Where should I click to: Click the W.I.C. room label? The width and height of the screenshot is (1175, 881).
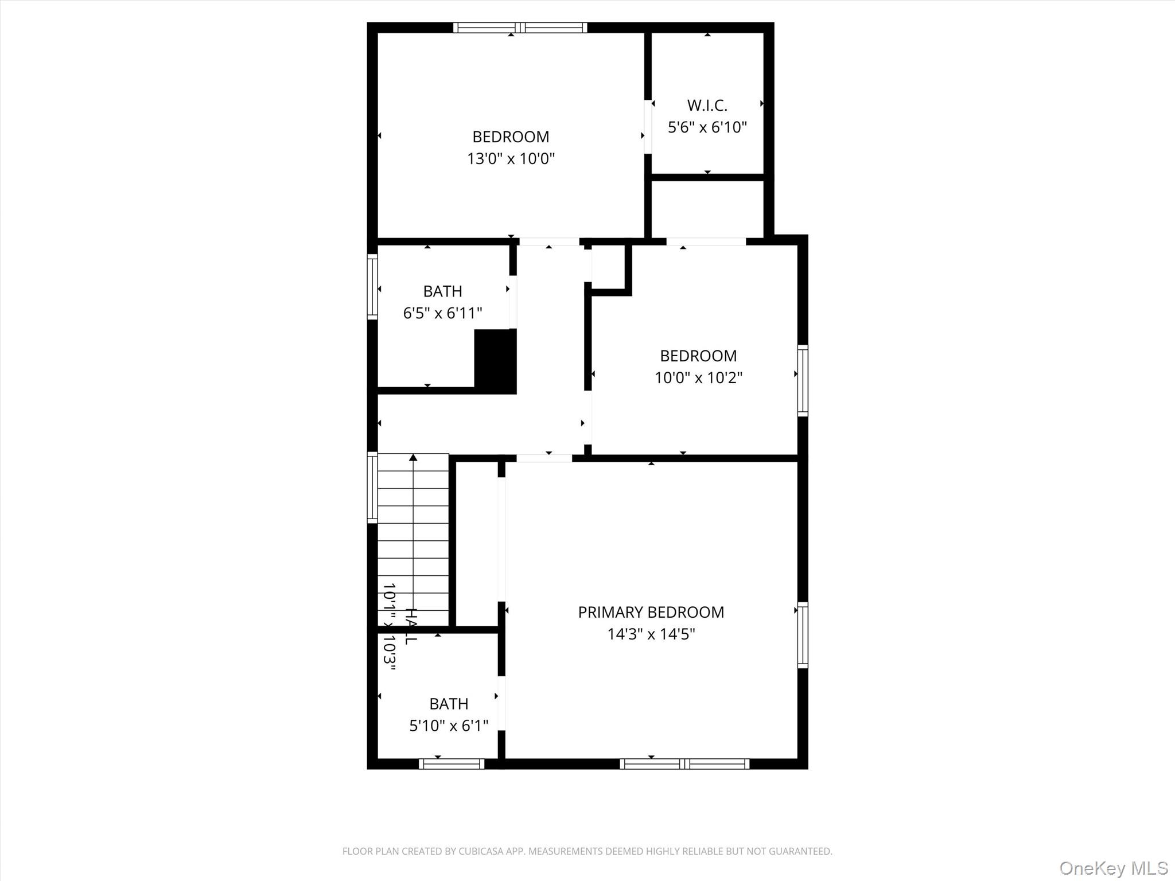(x=707, y=106)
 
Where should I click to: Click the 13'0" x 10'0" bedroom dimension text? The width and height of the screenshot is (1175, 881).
(x=511, y=158)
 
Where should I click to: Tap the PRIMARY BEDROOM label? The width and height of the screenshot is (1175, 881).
(x=651, y=612)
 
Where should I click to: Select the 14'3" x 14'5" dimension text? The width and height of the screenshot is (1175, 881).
(x=651, y=634)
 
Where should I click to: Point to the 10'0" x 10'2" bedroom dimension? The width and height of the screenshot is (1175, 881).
(x=698, y=377)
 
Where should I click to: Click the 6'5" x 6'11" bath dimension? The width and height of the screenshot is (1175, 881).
(x=442, y=313)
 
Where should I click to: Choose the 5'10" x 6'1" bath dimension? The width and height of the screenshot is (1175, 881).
(x=449, y=726)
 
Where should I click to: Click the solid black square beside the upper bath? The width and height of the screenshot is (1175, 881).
(x=495, y=361)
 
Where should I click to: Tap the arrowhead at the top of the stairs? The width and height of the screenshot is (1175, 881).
(x=413, y=458)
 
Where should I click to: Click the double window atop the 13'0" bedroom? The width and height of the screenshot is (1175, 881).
(x=520, y=28)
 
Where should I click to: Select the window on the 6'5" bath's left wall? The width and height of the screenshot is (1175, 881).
(x=372, y=286)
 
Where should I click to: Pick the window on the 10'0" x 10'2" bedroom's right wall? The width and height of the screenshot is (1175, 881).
(x=803, y=380)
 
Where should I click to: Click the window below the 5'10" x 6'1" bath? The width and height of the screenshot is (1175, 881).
(x=452, y=763)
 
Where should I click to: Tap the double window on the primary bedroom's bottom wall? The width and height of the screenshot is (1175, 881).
(x=684, y=763)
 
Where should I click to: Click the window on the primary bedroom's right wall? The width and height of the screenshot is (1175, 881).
(x=803, y=635)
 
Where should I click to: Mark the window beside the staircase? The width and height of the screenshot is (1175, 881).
(x=372, y=488)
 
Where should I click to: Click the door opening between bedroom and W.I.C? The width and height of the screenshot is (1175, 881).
(x=648, y=127)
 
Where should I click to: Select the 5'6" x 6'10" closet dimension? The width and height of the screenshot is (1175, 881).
(x=707, y=127)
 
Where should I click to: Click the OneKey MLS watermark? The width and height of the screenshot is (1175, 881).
(x=1113, y=868)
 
